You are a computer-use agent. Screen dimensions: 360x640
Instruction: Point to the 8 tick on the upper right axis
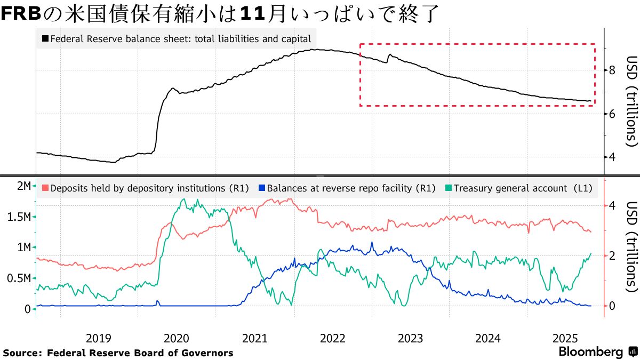tap(613, 70)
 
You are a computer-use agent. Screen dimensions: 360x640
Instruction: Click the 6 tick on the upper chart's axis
tap(613, 114)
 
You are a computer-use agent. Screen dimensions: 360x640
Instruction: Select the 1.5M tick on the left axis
tap(19, 217)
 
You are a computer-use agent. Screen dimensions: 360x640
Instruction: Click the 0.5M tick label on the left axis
tap(19, 278)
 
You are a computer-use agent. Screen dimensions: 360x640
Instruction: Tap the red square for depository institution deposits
tap(45, 188)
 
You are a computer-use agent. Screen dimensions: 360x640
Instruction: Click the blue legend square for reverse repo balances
tap(260, 188)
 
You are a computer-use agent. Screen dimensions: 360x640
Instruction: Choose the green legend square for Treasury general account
tap(448, 188)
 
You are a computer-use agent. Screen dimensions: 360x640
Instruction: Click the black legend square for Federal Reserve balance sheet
tap(45, 39)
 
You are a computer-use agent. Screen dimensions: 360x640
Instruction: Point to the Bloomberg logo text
tap(590, 352)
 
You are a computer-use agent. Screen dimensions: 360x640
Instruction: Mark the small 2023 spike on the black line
tap(390, 54)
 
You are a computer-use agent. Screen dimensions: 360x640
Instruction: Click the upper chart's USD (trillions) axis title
tap(631, 101)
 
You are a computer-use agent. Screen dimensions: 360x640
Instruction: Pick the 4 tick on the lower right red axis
tap(613, 206)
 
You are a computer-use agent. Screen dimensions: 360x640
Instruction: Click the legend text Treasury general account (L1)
tap(523, 188)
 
